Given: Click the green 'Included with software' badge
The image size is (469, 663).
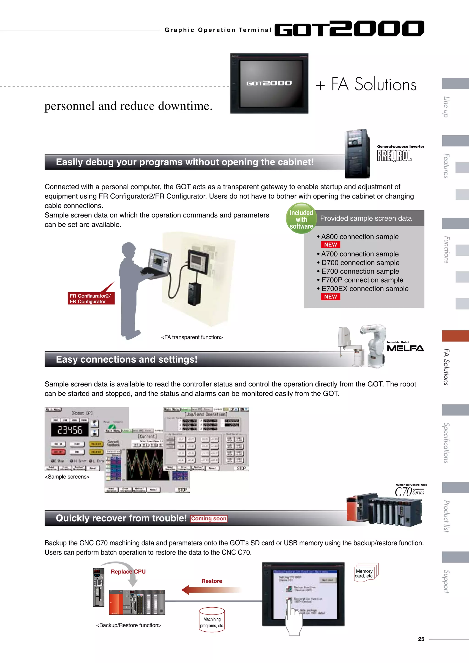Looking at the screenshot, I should (301, 219).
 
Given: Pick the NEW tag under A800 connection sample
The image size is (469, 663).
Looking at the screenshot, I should (330, 245).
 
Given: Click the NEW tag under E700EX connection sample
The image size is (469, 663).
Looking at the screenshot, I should (330, 296).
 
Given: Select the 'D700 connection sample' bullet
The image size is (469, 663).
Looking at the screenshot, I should (360, 263).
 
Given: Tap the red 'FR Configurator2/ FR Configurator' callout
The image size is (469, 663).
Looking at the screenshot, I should (91, 299).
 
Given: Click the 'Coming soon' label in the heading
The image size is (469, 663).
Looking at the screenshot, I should (209, 519).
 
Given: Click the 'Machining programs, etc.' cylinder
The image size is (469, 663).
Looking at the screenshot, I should (212, 620).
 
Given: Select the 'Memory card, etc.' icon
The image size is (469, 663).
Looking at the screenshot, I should (365, 573).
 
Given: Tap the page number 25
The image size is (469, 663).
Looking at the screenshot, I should (421, 639).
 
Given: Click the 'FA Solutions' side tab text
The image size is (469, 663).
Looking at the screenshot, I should (446, 367).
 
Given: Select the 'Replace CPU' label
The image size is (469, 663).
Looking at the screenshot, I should (128, 571).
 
